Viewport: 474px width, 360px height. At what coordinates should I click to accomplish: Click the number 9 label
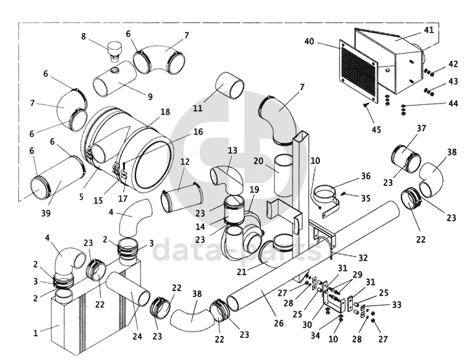tap(150, 96)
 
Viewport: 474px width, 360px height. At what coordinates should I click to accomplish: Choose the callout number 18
tap(165, 112)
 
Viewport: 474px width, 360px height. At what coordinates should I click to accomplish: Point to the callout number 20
tap(258, 161)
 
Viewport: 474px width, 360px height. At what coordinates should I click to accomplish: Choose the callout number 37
tap(422, 128)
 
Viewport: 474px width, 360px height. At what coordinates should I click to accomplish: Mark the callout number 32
tap(363, 257)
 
